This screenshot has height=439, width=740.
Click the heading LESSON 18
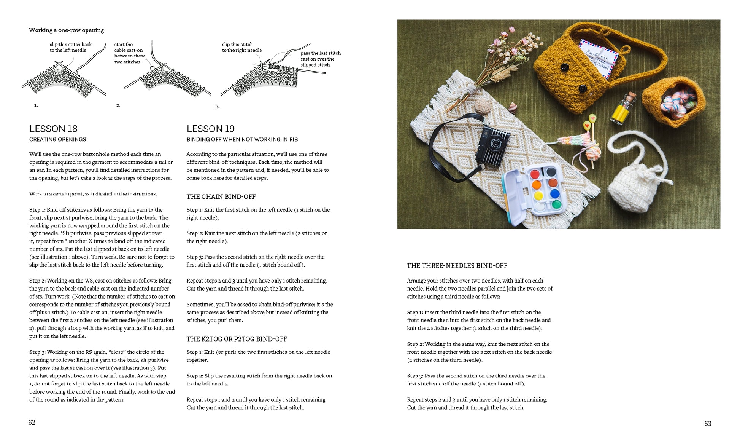(53, 129)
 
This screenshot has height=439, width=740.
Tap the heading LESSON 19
(210, 129)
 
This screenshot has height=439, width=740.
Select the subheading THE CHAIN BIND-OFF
(221, 196)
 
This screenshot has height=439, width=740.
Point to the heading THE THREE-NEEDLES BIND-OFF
(457, 266)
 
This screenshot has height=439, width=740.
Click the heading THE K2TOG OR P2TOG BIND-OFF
(237, 339)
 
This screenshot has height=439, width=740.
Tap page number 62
(32, 422)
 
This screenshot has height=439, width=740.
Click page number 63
(707, 423)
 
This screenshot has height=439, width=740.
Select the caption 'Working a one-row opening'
(66, 30)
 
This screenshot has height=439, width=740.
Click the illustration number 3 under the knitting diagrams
(217, 107)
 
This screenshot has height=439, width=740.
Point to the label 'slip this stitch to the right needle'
(241, 47)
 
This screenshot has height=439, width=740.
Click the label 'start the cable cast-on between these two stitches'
(129, 53)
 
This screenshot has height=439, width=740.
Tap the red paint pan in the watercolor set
(535, 174)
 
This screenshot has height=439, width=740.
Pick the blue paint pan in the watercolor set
(554, 193)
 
